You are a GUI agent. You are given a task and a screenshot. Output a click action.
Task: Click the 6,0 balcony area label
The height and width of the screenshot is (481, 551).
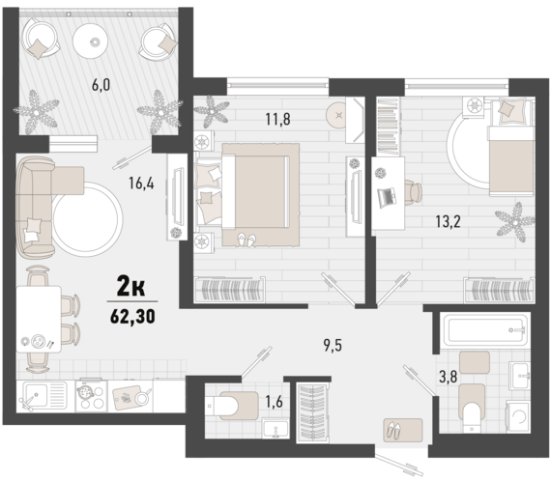click(x=100, y=84)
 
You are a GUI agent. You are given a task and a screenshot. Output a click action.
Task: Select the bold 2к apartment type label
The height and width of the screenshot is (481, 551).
click(x=132, y=286)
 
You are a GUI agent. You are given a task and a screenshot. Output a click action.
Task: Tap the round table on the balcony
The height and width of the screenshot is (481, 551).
click(x=95, y=41)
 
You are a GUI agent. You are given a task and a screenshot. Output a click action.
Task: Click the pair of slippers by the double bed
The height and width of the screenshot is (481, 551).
click(x=247, y=238)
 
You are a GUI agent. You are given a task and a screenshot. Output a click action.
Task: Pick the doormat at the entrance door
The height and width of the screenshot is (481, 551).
click(x=398, y=427)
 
